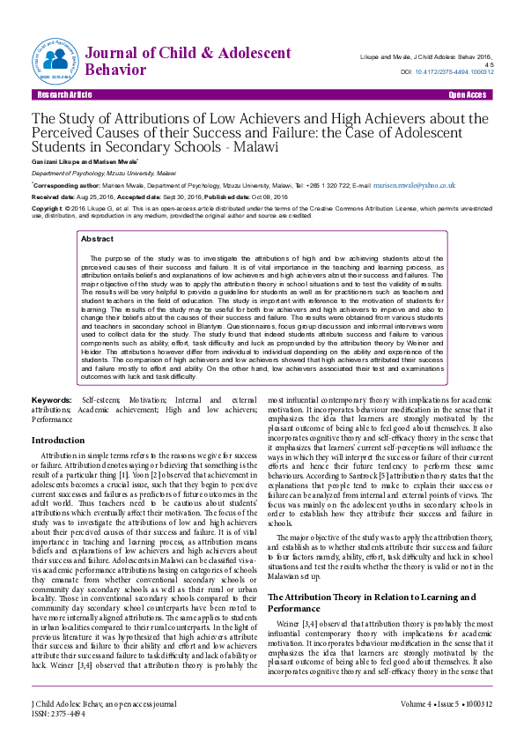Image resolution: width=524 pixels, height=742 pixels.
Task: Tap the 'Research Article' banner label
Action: tap(61, 94)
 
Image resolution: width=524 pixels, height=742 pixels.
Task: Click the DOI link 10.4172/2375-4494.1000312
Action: tap(459, 72)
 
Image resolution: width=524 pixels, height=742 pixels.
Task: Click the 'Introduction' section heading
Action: tap(58, 440)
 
